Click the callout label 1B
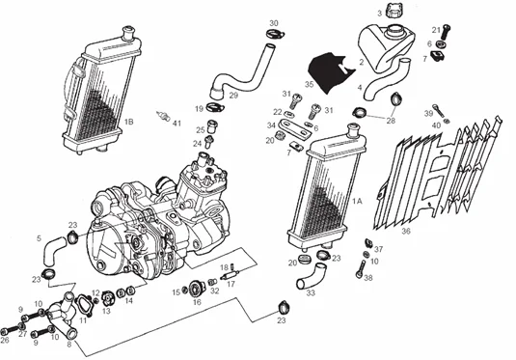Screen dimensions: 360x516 point(128,123)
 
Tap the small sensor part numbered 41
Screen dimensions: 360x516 point(164,123)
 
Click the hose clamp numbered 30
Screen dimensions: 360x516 point(275,37)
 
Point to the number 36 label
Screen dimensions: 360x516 point(405,232)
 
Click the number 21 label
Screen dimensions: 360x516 point(434,29)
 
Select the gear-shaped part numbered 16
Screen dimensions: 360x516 point(197,286)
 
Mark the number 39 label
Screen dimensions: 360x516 point(429,114)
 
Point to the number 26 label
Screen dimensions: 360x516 point(6,340)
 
